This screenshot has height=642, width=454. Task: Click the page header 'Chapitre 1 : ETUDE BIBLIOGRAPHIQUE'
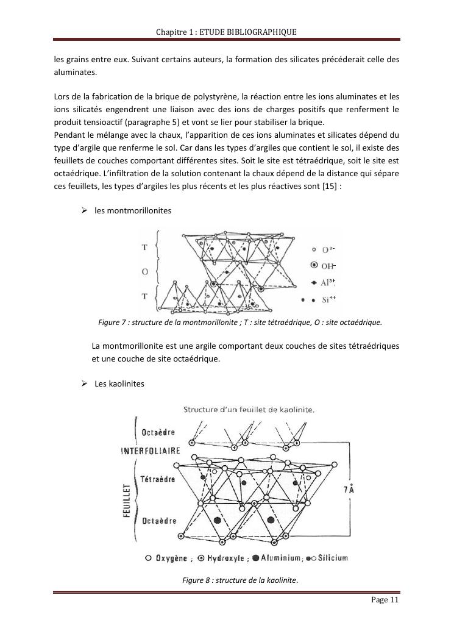(x=227, y=31)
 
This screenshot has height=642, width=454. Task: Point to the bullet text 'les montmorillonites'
(x=133, y=210)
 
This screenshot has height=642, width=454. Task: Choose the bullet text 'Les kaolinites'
(x=119, y=383)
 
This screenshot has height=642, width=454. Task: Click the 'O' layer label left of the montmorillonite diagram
(x=145, y=271)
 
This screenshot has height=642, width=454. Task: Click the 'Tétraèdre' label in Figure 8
(x=158, y=479)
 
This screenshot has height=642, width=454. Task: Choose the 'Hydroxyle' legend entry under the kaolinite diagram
(x=219, y=557)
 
